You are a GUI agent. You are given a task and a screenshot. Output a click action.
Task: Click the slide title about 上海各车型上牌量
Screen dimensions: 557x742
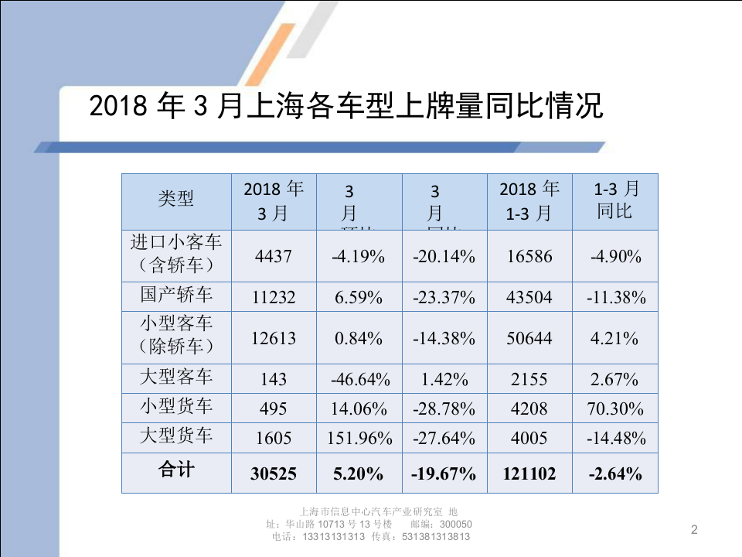point(345,106)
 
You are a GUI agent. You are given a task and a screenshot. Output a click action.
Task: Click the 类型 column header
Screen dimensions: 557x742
point(176,200)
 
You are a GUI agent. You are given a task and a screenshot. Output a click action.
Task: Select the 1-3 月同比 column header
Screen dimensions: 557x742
point(615,200)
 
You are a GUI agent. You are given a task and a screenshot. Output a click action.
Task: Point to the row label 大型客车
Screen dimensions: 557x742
point(176,378)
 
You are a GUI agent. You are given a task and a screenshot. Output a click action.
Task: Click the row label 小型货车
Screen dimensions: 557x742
point(176,407)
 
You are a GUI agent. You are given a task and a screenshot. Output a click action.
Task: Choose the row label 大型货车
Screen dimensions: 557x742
point(176,436)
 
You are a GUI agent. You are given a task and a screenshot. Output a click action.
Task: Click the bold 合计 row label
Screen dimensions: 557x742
point(176,471)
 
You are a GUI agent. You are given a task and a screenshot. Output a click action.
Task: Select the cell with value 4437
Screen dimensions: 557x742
point(274,256)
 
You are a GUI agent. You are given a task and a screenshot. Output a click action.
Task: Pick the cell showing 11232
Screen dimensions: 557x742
point(274,297)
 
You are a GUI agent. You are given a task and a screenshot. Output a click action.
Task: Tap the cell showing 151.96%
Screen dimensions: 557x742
point(359,439)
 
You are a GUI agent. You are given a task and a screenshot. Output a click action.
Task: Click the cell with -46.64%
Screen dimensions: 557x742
point(359,380)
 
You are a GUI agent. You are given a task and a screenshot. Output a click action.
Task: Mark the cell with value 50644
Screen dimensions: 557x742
point(529,339)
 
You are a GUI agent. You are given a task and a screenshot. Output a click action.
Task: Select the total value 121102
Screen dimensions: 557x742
point(529,474)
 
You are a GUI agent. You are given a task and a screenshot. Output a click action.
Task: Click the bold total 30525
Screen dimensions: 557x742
point(274,474)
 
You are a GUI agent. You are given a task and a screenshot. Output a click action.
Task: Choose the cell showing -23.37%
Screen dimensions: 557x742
point(444,297)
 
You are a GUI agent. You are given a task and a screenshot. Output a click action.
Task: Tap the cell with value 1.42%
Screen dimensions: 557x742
point(444,380)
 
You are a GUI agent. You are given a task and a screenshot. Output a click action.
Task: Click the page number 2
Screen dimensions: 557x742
point(693,530)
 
